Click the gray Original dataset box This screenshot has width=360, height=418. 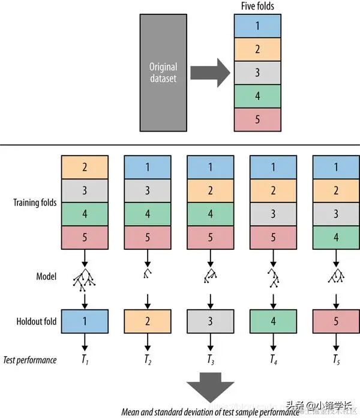coord(163,73)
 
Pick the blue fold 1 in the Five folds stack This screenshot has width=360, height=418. coord(257,26)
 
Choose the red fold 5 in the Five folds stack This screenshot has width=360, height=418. coord(257,119)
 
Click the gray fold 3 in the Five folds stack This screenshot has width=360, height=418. coord(257,73)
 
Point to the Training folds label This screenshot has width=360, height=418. coord(35,202)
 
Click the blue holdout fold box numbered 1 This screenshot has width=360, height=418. coord(85,321)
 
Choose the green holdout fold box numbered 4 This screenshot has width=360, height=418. coord(274,321)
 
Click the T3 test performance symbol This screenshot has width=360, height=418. coord(211,360)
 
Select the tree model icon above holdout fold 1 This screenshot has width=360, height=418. coord(85,277)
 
